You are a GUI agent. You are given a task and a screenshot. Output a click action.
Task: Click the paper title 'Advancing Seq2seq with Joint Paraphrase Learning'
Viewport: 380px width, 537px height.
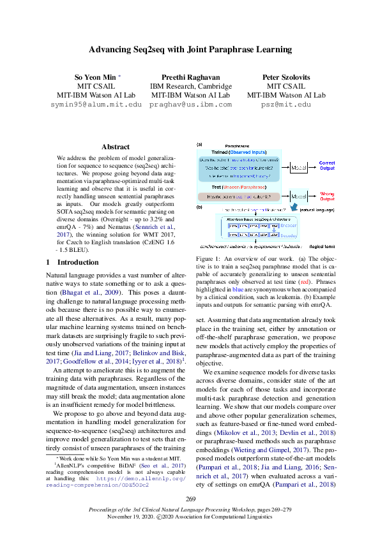(x=190, y=49)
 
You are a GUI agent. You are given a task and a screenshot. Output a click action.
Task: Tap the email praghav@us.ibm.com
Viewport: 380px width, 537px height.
(x=190, y=104)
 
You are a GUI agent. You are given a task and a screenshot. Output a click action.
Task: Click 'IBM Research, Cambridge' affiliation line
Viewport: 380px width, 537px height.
(x=190, y=86)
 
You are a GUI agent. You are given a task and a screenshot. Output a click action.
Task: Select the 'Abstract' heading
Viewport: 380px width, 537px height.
(x=115, y=147)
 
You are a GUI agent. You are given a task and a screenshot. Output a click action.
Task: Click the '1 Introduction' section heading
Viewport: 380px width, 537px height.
(x=73, y=262)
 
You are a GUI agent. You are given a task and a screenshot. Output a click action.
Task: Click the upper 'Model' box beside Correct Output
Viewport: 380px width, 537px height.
(x=298, y=167)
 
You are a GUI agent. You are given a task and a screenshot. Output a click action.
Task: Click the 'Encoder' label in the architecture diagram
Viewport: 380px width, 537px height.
(x=289, y=226)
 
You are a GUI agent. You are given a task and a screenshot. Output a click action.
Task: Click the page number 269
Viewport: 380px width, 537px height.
(x=190, y=498)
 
